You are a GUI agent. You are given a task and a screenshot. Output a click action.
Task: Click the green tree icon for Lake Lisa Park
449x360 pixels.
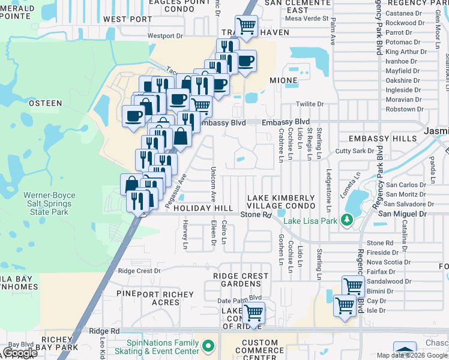(x=346, y=220)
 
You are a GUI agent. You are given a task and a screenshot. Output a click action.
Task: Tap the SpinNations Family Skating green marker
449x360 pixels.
(x=208, y=346)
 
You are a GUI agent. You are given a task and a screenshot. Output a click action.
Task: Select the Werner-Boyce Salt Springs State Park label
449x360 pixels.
(x=47, y=203)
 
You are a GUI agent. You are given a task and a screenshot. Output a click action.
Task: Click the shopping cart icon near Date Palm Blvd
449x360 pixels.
(x=255, y=312)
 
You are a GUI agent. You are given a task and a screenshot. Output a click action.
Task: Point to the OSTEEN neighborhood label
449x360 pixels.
(x=46, y=103)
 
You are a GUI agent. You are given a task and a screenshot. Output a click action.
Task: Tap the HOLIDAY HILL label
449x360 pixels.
(x=203, y=208)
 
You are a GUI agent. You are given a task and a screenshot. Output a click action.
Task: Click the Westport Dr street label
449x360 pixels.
(x=164, y=36)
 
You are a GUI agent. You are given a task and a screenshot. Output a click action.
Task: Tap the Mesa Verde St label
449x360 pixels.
(x=307, y=19)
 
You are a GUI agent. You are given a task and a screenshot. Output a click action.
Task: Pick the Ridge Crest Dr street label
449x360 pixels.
(x=139, y=271)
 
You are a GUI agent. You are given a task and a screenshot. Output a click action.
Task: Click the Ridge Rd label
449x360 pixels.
(x=104, y=331)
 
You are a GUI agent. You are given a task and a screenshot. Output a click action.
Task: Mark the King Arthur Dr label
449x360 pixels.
(x=406, y=52)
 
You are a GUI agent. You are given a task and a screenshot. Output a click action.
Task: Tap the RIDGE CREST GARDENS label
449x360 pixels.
(x=241, y=280)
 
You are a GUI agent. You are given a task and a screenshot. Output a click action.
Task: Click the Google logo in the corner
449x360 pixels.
(x=21, y=353)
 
